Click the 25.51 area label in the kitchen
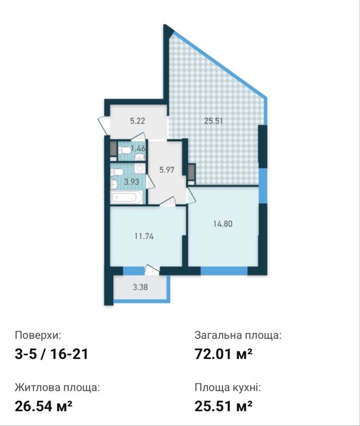coord(213,121)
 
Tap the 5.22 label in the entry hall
coord(137,121)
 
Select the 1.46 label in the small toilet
coord(138,148)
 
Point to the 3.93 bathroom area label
coord(132,181)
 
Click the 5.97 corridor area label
coord(167,170)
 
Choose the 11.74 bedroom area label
coord(144,236)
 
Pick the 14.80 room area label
coord(223,224)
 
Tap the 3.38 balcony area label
coord(140,287)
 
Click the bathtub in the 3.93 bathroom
coord(126,197)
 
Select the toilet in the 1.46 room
coord(124,150)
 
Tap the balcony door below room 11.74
coord(152,269)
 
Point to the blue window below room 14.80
coord(224,271)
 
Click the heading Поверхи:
coord(38,335)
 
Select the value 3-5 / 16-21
coord(52,354)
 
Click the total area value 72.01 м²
coord(223,354)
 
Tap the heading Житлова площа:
coord(57,388)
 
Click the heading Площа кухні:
coord(227,388)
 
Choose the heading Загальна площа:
coord(238,335)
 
